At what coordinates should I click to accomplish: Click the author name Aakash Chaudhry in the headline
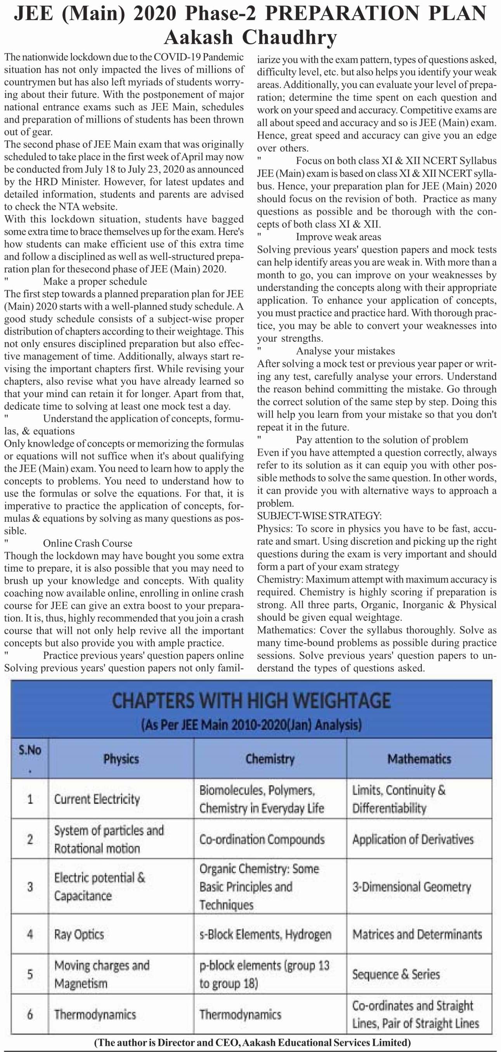(x=250, y=38)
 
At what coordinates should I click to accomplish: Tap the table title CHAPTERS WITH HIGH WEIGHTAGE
(x=251, y=700)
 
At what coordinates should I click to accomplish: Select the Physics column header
(x=121, y=759)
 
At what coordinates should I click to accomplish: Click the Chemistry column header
(x=270, y=759)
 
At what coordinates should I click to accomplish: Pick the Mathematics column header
(x=419, y=759)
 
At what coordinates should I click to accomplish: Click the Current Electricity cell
(x=97, y=799)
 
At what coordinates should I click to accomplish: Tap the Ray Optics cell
(x=79, y=934)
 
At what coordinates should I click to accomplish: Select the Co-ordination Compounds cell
(x=262, y=839)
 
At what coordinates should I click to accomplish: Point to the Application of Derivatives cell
(x=413, y=839)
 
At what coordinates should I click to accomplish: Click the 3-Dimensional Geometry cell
(x=412, y=887)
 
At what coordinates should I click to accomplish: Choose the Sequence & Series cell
(x=396, y=974)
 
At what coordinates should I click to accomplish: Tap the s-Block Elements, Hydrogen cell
(x=265, y=934)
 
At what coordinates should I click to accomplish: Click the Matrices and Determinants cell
(x=417, y=934)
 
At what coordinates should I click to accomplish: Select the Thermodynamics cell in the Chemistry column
(x=240, y=1014)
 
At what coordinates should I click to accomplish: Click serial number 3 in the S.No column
(x=30, y=887)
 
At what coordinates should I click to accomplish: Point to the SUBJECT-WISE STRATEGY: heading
(x=319, y=516)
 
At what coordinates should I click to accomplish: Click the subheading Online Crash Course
(x=87, y=543)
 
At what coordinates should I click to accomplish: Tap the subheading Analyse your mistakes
(x=345, y=351)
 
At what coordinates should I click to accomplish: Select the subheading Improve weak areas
(x=338, y=237)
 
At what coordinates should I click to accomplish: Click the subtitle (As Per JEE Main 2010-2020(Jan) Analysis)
(x=251, y=725)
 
